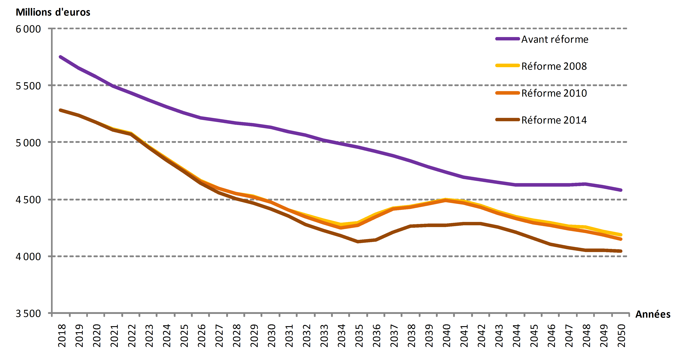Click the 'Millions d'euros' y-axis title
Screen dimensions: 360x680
[53, 12]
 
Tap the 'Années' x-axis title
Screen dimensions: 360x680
[653, 314]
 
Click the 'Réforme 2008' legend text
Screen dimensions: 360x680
[554, 66]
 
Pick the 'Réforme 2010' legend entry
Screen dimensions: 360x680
[554, 93]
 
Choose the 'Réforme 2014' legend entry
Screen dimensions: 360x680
[554, 120]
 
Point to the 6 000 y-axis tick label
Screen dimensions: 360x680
[28, 29]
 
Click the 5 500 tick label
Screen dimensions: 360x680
[28, 86]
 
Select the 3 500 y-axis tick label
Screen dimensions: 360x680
[28, 314]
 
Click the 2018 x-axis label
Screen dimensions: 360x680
[62, 335]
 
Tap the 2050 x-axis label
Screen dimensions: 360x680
[621, 335]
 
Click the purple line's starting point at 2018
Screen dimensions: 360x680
[60, 57]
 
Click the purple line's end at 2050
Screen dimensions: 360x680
[621, 190]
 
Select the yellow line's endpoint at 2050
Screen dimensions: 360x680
[621, 235]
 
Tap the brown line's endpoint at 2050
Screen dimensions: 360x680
[621, 251]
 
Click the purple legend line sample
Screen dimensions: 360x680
[507, 39]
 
